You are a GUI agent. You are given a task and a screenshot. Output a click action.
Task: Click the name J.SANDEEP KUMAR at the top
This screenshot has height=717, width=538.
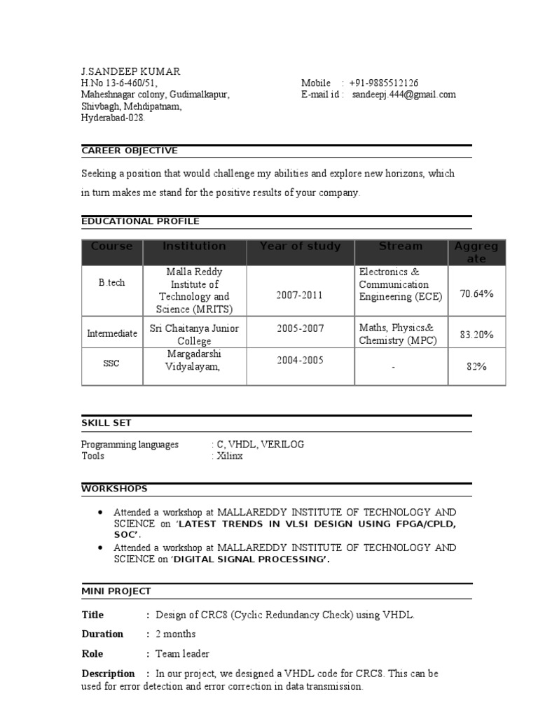click(x=130, y=71)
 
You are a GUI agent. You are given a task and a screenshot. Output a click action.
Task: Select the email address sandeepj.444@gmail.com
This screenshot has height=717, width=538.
click(x=403, y=95)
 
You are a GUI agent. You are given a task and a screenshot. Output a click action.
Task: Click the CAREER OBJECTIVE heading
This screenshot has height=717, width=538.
click(x=130, y=151)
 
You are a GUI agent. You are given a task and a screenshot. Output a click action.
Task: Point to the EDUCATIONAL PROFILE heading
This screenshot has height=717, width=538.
click(x=140, y=221)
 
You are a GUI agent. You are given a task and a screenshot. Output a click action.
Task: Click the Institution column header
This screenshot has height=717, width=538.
click(x=194, y=246)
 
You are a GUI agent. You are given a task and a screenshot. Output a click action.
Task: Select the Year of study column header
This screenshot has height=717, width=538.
click(x=300, y=246)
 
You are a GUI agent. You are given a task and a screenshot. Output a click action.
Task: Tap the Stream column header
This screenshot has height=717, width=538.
click(x=400, y=246)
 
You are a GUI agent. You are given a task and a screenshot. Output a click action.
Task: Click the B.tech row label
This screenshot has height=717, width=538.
click(x=111, y=283)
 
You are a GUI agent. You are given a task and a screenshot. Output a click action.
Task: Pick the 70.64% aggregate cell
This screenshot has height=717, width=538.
click(x=476, y=294)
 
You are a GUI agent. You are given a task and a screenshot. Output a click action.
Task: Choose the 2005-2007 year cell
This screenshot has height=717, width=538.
click(x=299, y=328)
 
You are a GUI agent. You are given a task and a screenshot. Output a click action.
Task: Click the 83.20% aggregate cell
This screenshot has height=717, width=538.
click(x=476, y=335)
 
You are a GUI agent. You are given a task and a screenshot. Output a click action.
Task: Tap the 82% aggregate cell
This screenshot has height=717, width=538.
click(x=476, y=366)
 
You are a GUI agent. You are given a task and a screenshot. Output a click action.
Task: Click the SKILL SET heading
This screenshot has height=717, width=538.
click(x=106, y=423)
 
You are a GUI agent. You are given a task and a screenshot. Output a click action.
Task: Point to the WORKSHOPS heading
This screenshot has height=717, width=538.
click(x=113, y=488)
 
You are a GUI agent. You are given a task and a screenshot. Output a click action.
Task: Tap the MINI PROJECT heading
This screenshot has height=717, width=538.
click(x=116, y=591)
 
